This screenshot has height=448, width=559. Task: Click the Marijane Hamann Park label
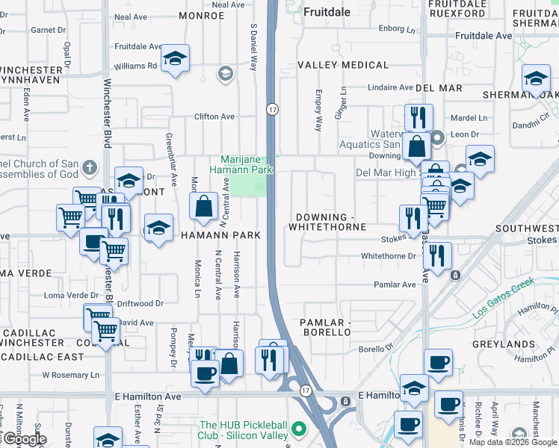(245, 165)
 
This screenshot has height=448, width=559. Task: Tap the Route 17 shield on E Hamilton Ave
(306, 391)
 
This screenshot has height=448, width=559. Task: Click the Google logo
(24, 439)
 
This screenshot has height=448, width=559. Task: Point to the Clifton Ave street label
(214, 117)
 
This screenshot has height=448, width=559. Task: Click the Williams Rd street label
(135, 66)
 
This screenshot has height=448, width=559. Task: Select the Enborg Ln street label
(397, 30)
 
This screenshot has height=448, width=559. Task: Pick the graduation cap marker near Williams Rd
(176, 58)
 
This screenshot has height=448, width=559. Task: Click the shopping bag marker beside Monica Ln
(203, 205)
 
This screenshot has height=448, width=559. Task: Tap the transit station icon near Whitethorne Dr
(455, 275)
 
